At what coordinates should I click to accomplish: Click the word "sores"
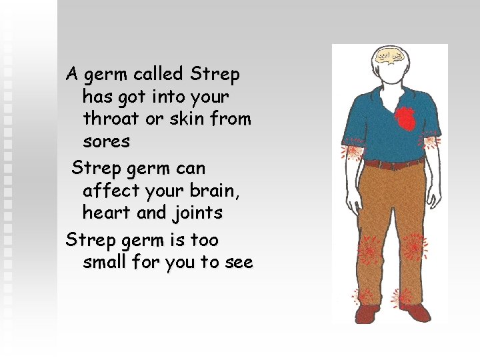(107, 142)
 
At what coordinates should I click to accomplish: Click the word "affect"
(111, 190)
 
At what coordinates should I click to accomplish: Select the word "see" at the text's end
(239, 263)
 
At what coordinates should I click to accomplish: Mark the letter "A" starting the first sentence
(71, 73)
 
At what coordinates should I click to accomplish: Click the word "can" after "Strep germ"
(191, 167)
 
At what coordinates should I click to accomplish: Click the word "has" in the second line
(98, 97)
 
